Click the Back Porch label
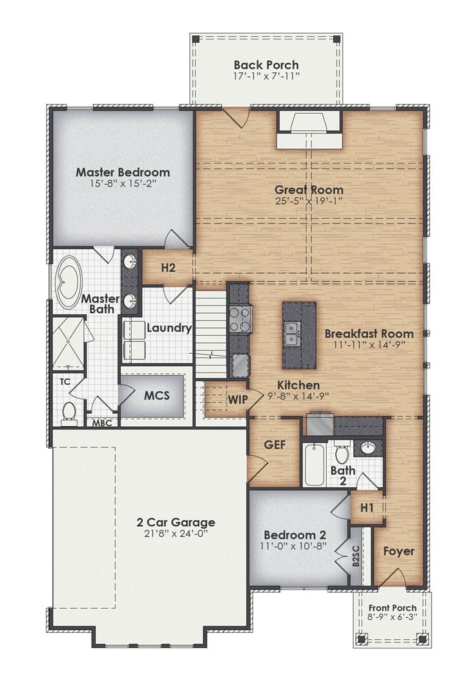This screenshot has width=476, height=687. (266, 65)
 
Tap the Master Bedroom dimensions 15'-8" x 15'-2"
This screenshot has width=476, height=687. (123, 183)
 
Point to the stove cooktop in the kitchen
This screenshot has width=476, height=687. (240, 319)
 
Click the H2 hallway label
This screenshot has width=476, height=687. (169, 267)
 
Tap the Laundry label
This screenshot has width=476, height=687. (169, 328)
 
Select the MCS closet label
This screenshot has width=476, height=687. (157, 395)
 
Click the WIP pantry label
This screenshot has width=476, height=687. (238, 400)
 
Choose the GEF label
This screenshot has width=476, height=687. (275, 445)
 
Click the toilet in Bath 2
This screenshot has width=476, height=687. (342, 453)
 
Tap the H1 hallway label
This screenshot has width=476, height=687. (367, 508)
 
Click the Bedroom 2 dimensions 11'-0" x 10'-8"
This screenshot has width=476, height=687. (293, 546)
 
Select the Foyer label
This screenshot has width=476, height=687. (398, 551)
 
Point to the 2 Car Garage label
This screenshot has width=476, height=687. (176, 522)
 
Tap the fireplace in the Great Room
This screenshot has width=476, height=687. (309, 130)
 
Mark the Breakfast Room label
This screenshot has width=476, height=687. (369, 333)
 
